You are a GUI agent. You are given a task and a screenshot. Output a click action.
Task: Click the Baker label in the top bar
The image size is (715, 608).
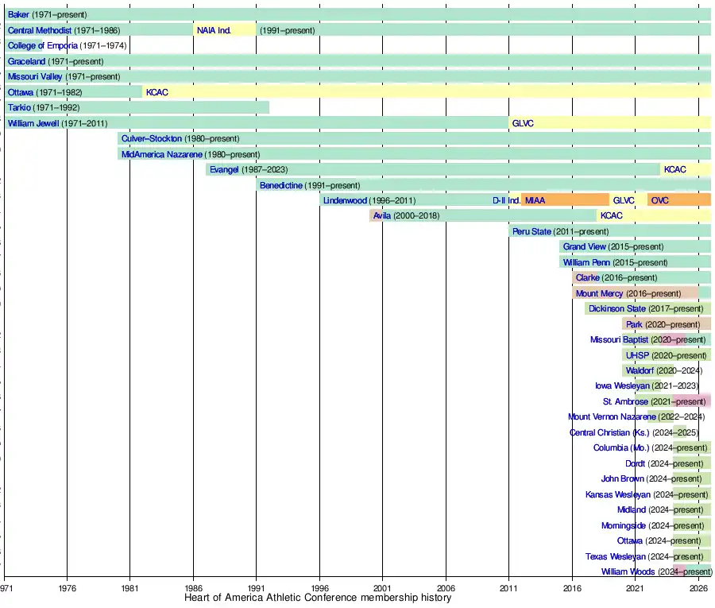pyautogui.click(x=18, y=14)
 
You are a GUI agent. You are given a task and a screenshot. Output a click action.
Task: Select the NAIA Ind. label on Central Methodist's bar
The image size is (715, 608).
pyautogui.click(x=214, y=30)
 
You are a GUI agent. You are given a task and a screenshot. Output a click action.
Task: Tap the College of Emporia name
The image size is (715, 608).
pyautogui.click(x=43, y=45)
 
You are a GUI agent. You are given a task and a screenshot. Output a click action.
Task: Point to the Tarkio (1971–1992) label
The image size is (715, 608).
pyautogui.click(x=44, y=107)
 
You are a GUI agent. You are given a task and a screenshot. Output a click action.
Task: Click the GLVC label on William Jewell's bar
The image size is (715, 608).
pyautogui.click(x=523, y=123)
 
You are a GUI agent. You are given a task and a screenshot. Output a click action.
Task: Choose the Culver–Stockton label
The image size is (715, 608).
pyautogui.click(x=151, y=138)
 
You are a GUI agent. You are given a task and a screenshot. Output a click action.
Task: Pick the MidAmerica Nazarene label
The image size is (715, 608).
pyautogui.click(x=162, y=154)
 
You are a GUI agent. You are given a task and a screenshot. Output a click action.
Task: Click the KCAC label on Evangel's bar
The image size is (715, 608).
pyautogui.click(x=675, y=169)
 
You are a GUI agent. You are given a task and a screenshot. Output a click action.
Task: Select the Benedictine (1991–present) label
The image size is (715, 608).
pyautogui.click(x=310, y=185)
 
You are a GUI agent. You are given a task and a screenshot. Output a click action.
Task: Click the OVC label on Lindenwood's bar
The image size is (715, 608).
pyautogui.click(x=660, y=200)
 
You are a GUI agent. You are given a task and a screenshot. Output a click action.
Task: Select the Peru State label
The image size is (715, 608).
pyautogui.click(x=531, y=231)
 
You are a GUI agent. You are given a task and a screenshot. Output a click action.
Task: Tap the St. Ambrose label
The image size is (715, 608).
pyautogui.click(x=625, y=401)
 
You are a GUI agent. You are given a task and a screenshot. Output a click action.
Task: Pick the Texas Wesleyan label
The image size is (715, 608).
pyautogui.click(x=616, y=556)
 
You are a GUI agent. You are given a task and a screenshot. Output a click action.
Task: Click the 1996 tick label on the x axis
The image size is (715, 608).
pyautogui.click(x=319, y=588)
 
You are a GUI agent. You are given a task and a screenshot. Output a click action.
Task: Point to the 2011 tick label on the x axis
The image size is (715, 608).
pyautogui.click(x=508, y=588)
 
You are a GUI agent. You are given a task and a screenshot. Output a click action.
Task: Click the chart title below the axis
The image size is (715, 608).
pyautogui.click(x=318, y=598)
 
